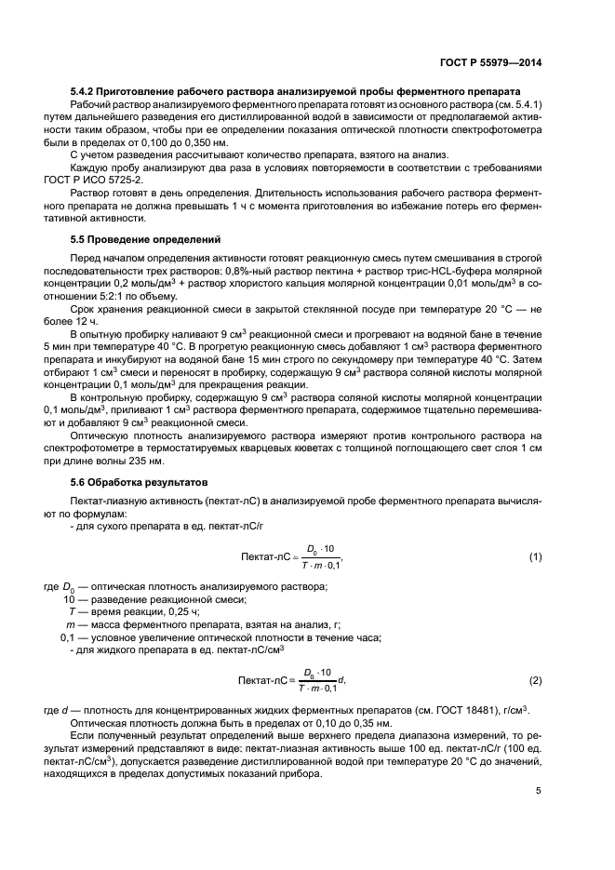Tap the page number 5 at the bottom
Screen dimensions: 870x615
click(539, 791)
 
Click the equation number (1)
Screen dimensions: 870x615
click(535, 556)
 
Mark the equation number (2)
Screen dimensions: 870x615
click(535, 680)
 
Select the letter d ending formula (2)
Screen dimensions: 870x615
click(341, 680)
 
